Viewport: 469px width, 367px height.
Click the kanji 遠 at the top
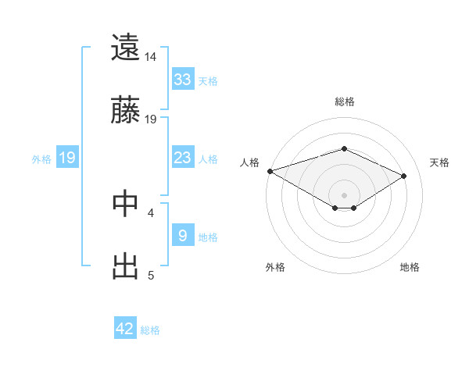point(125,48)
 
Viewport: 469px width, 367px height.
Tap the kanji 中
point(125,203)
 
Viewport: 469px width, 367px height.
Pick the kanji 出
point(125,265)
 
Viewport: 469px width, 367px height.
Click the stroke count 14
point(151,57)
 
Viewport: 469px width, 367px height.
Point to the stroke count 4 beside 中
point(151,212)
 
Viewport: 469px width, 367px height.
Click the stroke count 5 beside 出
point(151,275)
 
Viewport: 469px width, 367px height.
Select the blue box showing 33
point(183,80)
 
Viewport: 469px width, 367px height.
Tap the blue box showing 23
point(183,158)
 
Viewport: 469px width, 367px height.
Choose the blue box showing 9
point(183,236)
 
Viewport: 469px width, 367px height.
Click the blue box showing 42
point(125,329)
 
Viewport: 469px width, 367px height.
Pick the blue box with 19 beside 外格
point(67,158)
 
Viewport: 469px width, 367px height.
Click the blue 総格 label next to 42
point(151,330)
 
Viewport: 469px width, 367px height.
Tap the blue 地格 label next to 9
point(209,237)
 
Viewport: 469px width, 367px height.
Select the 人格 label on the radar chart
point(250,162)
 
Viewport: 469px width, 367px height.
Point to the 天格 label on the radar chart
point(439,162)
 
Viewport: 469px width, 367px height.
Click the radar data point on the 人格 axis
point(270,171)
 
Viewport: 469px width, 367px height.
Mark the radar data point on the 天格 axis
point(404,176)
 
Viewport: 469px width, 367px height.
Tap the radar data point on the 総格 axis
point(344,148)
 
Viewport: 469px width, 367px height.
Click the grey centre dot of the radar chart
point(344,194)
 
